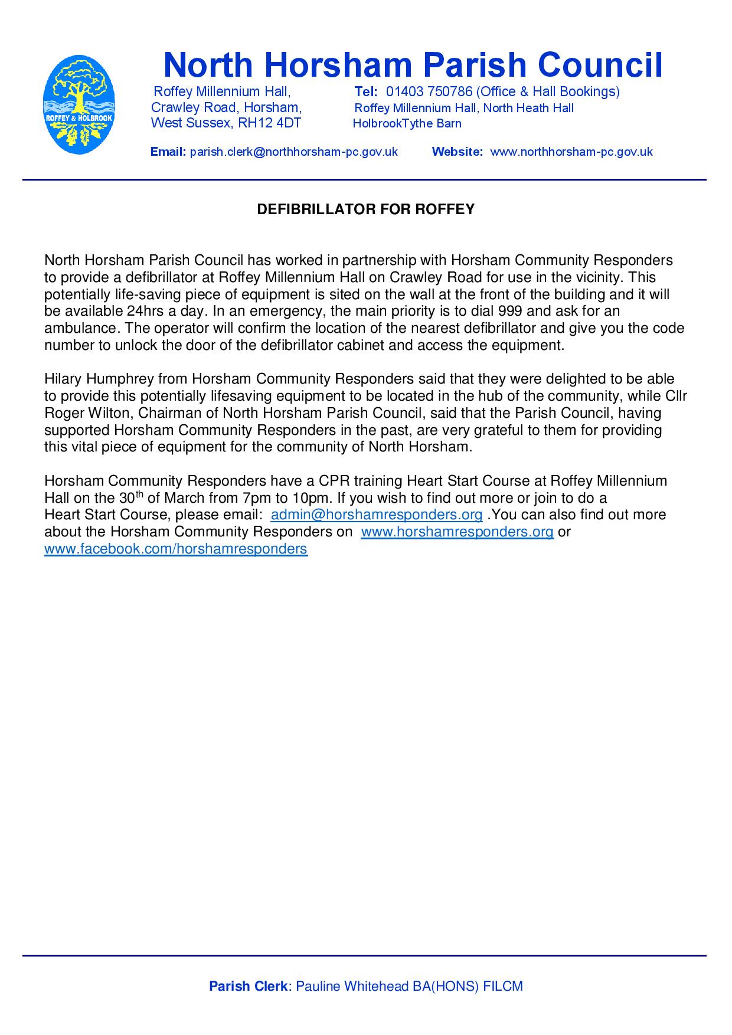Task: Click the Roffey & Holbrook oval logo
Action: [80, 104]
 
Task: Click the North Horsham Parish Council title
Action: [413, 65]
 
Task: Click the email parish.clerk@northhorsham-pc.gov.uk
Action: [293, 152]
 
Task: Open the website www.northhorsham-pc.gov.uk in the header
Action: [571, 152]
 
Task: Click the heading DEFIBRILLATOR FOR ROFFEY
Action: [365, 209]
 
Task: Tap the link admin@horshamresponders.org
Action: [377, 515]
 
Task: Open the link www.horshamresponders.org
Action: [457, 532]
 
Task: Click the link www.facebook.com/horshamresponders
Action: [176, 549]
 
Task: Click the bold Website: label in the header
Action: [457, 152]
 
